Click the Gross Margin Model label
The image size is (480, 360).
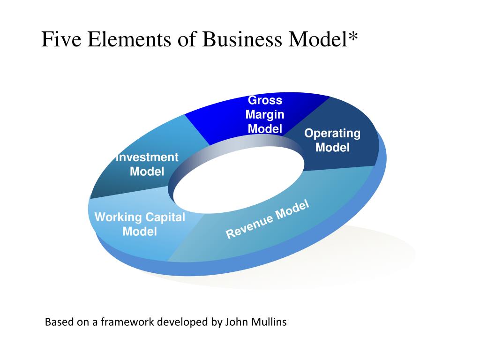click(x=265, y=114)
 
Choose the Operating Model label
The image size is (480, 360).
click(x=332, y=141)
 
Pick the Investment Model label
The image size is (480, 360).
click(x=147, y=164)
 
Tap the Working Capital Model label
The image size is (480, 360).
click(x=140, y=224)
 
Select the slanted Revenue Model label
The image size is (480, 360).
click(x=268, y=219)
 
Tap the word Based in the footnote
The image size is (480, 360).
click(x=56, y=322)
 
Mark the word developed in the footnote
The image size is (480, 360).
click(x=183, y=322)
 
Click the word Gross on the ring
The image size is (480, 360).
click(x=265, y=100)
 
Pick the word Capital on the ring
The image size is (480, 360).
click(x=165, y=217)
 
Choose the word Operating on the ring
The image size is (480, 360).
click(x=332, y=134)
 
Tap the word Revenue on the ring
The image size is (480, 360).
click(x=249, y=225)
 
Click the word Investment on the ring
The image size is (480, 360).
click(x=147, y=157)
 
